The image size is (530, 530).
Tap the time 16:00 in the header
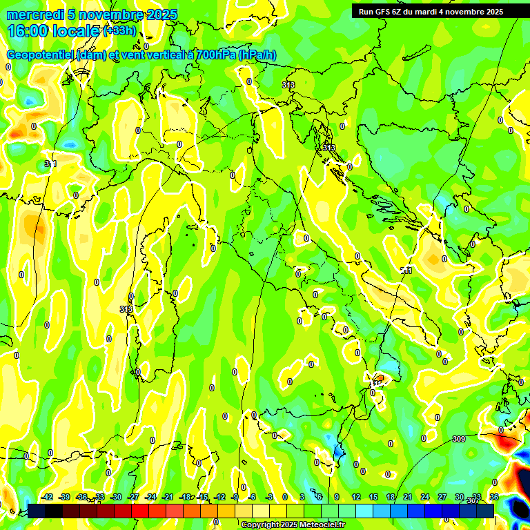[x=27, y=31]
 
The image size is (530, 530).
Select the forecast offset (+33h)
[x=119, y=31]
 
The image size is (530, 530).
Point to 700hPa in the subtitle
[x=214, y=55]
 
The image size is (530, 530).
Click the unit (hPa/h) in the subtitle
[x=257, y=55]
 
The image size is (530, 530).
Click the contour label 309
[x=459, y=439]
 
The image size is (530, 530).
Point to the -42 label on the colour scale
[x=47, y=497]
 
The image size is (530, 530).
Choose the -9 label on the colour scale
[x=235, y=497]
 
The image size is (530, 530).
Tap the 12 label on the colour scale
[x=356, y=497]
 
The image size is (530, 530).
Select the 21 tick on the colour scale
[x=408, y=497]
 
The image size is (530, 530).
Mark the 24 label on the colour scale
[x=425, y=497]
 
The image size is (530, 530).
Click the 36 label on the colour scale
[x=493, y=497]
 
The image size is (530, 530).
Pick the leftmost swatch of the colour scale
[x=37, y=511]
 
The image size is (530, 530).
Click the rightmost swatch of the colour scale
[x=485, y=511]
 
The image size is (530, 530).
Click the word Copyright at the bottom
[x=259, y=525]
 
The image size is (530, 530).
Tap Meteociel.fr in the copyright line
[x=322, y=525]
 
